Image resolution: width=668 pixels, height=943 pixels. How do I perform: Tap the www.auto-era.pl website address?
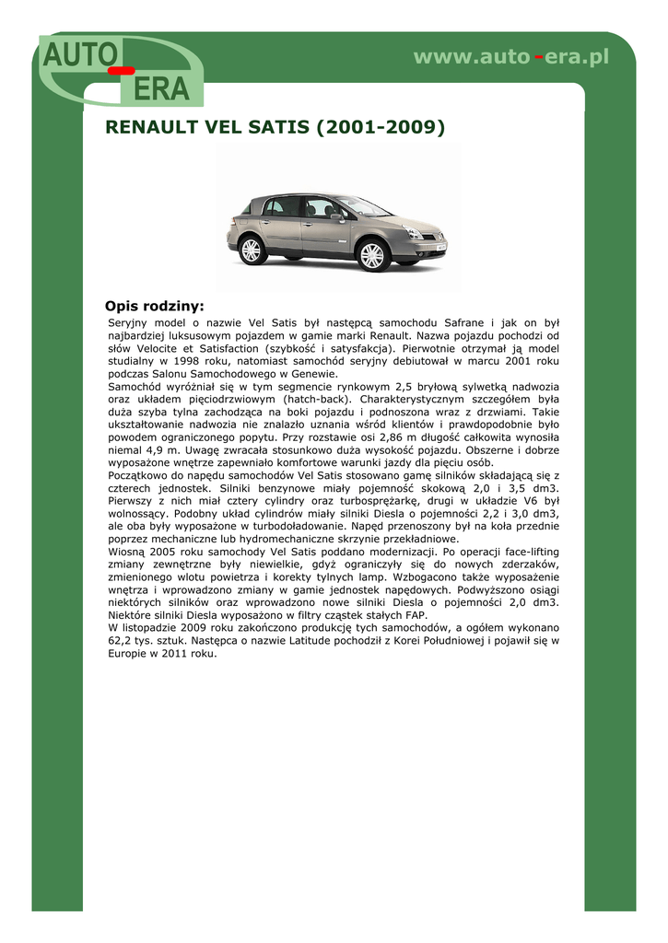[x=511, y=57]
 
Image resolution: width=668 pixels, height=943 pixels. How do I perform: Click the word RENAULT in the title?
[x=151, y=126]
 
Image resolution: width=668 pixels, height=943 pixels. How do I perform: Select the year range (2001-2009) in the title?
[x=381, y=126]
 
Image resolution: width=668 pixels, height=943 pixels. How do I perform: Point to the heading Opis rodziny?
[x=154, y=306]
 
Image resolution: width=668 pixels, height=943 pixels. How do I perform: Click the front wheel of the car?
[x=372, y=254]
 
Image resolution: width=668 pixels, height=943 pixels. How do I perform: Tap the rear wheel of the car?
[x=251, y=249]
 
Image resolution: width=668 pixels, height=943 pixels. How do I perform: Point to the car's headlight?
[x=414, y=232]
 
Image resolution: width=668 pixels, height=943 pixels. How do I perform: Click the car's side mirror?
[x=338, y=217]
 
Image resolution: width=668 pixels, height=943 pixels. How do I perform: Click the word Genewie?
[x=315, y=375]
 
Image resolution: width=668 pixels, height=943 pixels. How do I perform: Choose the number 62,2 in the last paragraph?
[x=121, y=641]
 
